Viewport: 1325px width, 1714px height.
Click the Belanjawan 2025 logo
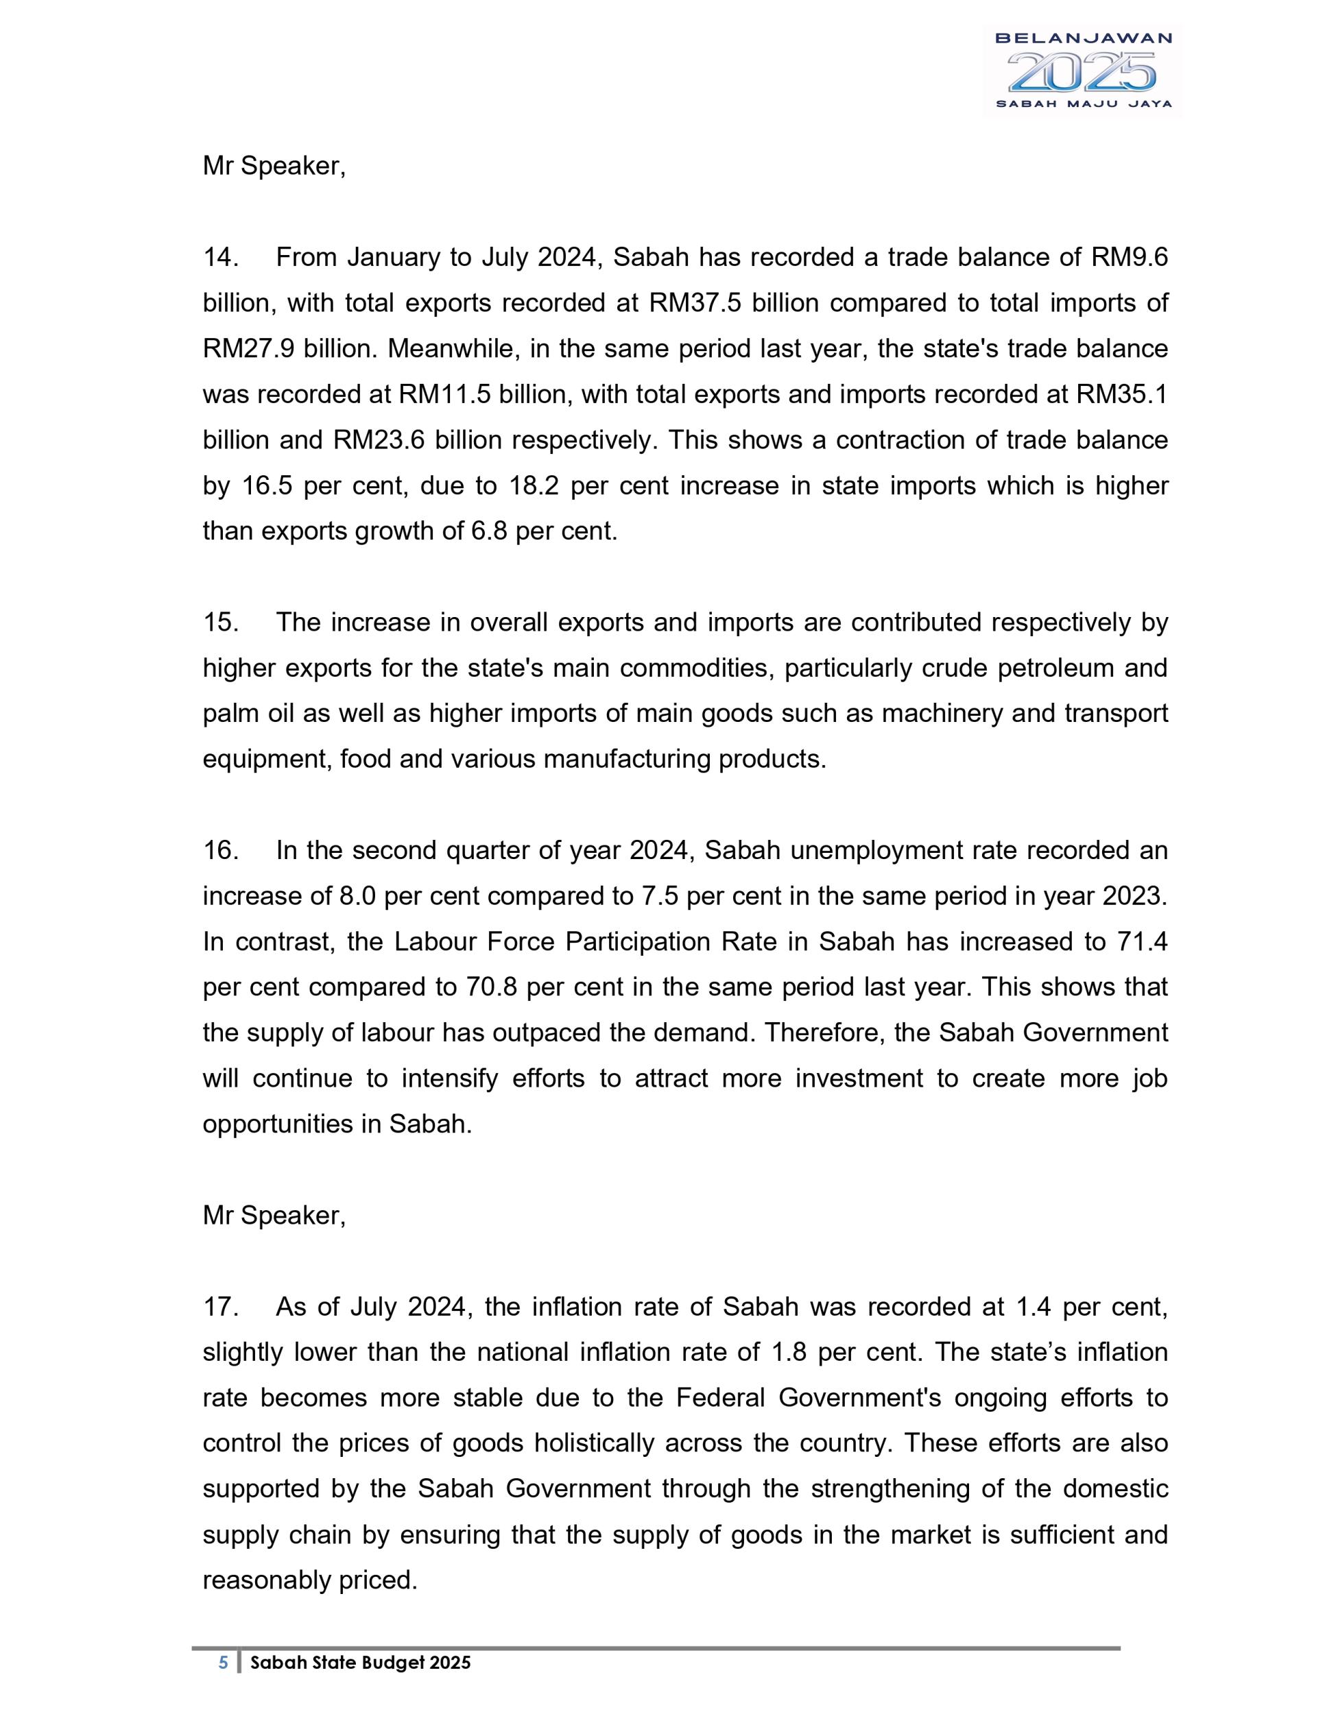1082,71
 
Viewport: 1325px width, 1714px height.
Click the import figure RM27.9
249,348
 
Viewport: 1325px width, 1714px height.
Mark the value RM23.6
379,439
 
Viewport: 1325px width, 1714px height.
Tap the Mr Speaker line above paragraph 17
274,1216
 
